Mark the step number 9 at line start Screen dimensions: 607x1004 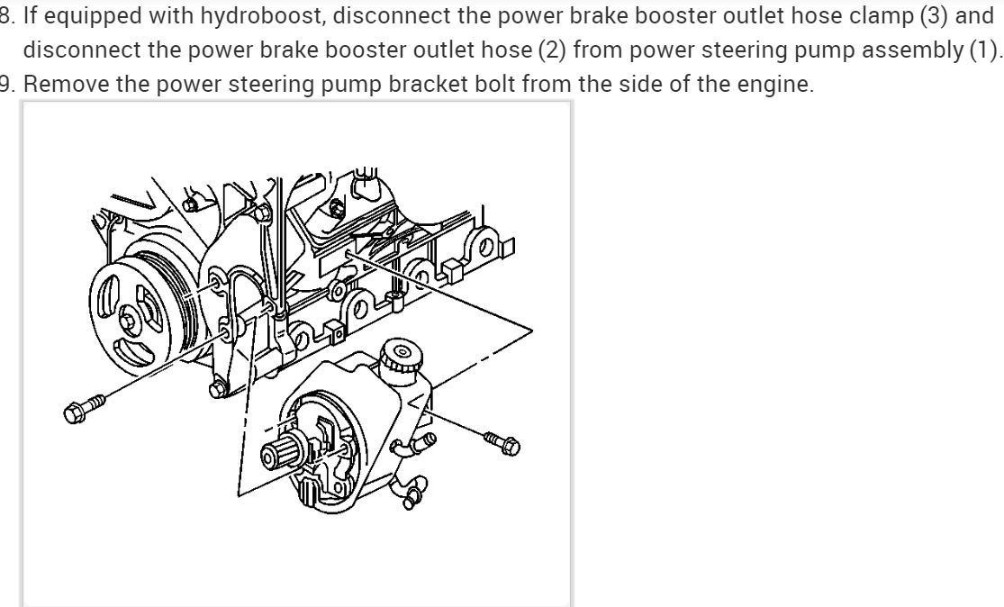tap(6, 84)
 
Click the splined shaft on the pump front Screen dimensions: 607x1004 tap(276, 447)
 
